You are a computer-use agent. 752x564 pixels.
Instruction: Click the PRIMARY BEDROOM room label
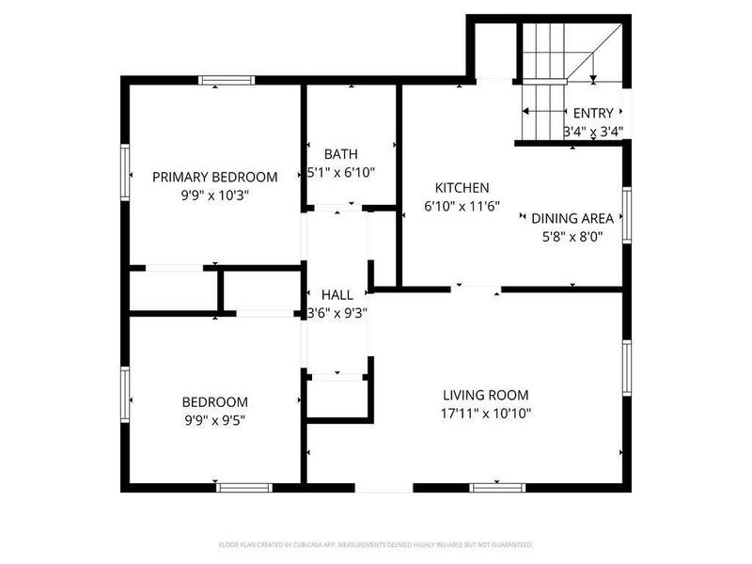tap(215, 177)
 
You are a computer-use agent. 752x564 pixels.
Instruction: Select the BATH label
tap(340, 154)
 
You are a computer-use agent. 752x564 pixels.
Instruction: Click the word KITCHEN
tap(462, 188)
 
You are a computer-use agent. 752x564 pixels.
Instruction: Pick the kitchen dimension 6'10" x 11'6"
tap(462, 207)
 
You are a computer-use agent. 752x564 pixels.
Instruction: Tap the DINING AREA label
tap(567, 218)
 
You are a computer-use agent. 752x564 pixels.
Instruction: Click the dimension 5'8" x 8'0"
tap(567, 237)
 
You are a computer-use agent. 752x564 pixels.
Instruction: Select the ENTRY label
tap(593, 113)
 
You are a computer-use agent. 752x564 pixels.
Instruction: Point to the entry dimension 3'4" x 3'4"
tap(593, 132)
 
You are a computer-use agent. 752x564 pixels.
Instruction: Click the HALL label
tap(337, 294)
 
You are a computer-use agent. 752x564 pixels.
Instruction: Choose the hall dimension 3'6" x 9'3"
tap(337, 313)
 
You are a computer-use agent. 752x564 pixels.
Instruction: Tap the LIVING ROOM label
tap(486, 395)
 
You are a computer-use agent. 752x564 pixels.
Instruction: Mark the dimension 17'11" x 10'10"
tap(486, 414)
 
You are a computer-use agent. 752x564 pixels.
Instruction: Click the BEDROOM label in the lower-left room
tap(215, 401)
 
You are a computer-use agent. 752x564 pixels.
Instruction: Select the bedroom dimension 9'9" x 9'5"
tap(215, 420)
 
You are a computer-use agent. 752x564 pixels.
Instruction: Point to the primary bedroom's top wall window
tap(227, 80)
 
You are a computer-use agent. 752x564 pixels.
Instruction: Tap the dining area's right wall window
tap(625, 215)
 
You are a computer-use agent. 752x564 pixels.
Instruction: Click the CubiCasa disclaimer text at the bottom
tap(376, 544)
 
